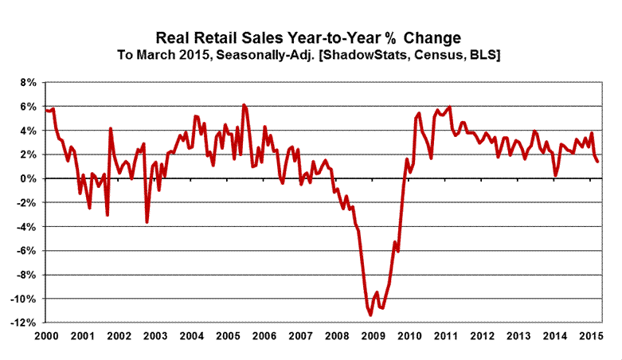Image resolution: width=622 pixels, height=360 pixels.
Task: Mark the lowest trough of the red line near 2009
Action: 370,315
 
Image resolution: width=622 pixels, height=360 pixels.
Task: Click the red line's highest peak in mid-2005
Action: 244,105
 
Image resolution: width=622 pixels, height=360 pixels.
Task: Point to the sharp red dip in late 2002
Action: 147,221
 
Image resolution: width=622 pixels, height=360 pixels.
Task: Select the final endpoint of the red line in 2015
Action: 598,161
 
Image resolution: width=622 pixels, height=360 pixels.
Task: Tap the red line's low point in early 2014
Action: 556,174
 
